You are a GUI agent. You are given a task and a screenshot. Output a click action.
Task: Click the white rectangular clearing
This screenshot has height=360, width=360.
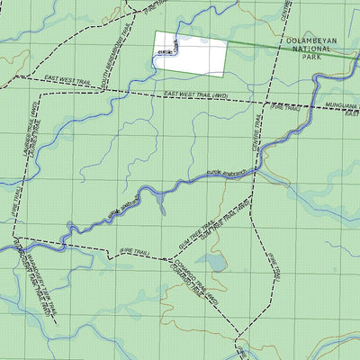[191, 54]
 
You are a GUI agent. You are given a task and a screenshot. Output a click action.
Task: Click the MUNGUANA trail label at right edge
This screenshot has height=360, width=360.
[342, 105]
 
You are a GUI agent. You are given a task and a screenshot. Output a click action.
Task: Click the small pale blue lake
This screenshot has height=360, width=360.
[211, 262]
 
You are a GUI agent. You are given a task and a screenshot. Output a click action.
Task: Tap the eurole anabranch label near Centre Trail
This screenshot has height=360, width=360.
[227, 173]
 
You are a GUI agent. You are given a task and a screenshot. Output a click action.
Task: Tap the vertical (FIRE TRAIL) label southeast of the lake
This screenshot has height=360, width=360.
[274, 266]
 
